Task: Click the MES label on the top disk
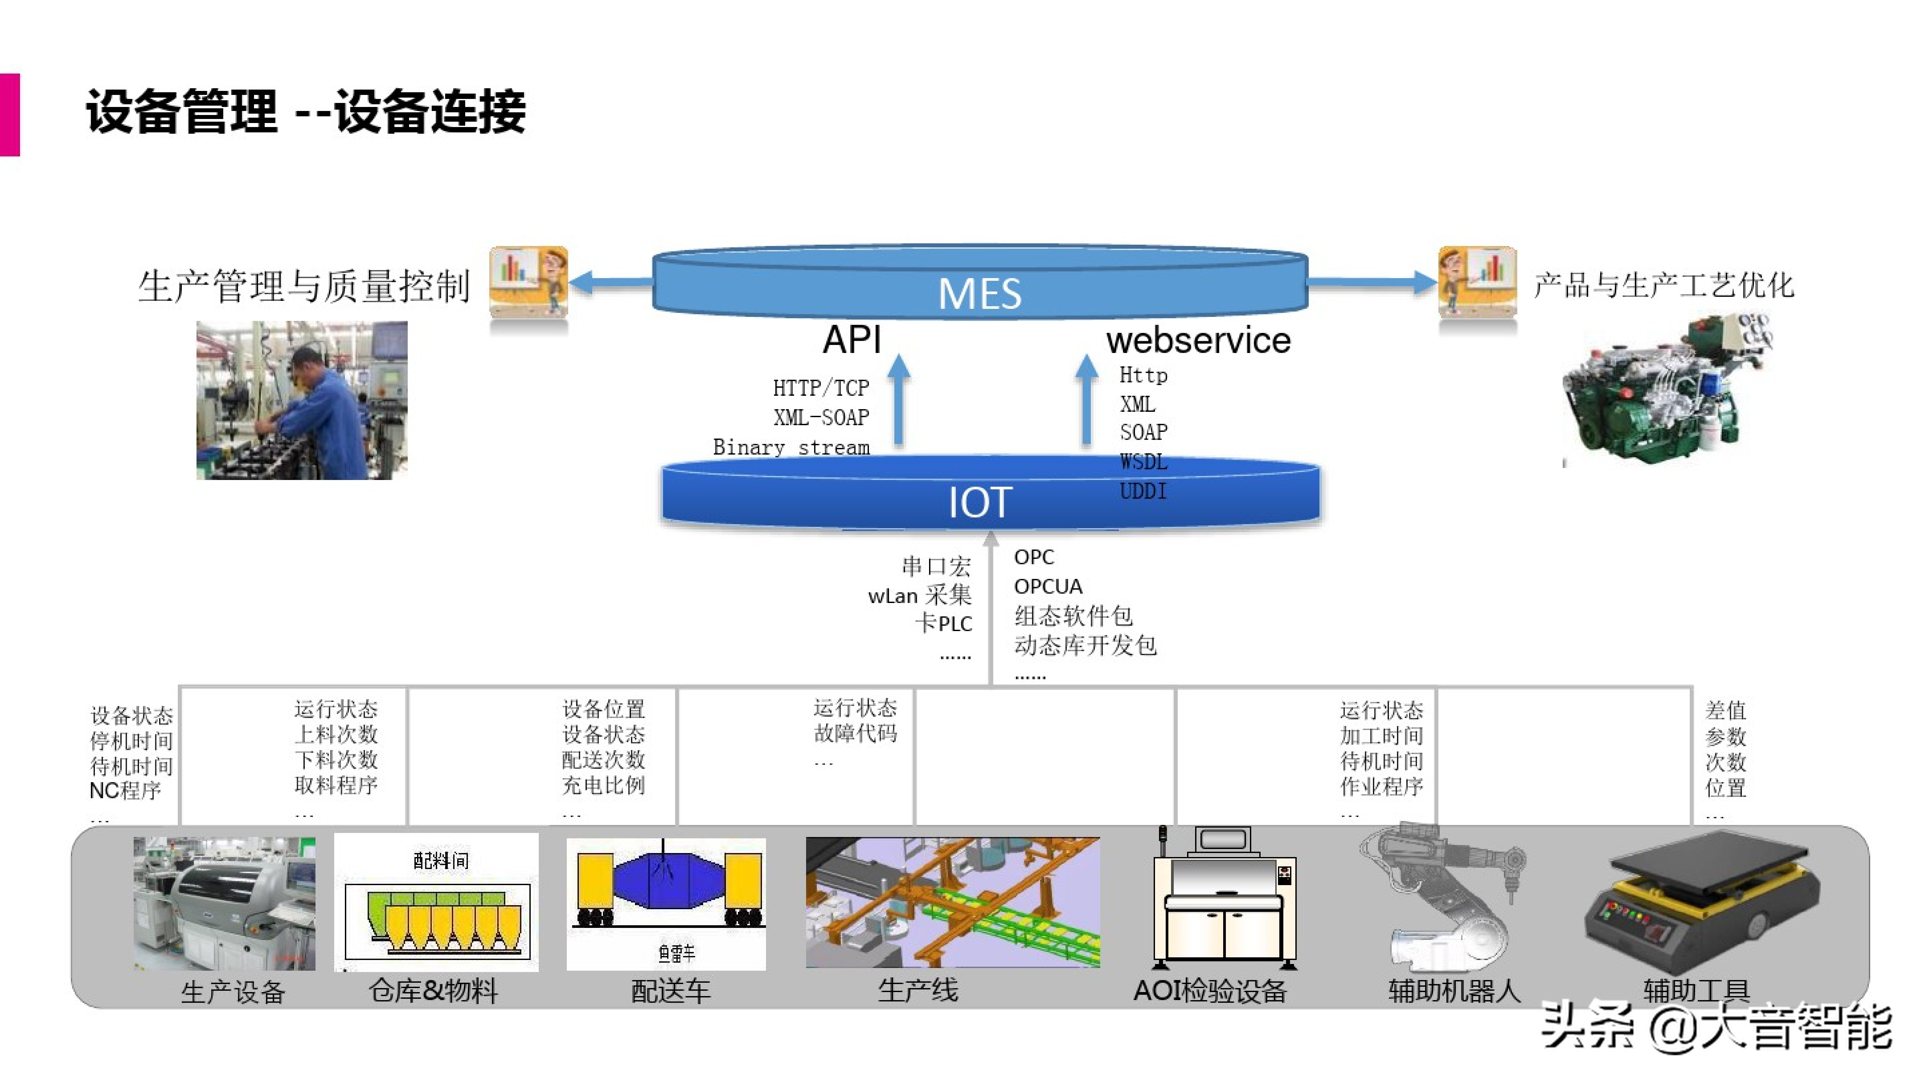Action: click(x=979, y=293)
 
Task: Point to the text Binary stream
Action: click(x=791, y=447)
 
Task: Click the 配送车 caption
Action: click(x=670, y=991)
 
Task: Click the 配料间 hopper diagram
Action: click(x=436, y=903)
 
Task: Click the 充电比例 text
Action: click(x=603, y=785)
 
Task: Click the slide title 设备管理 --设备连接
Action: click(x=306, y=112)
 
